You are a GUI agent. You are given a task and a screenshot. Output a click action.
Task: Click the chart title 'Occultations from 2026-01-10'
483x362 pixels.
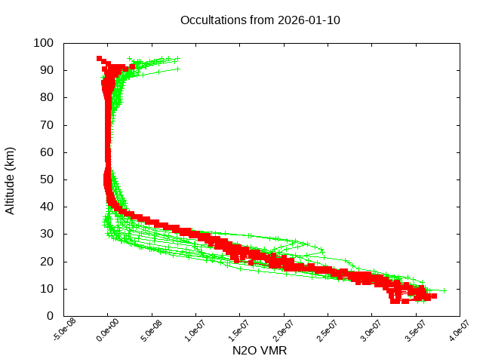click(x=260, y=20)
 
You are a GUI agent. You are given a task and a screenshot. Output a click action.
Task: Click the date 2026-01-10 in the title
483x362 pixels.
click(x=309, y=20)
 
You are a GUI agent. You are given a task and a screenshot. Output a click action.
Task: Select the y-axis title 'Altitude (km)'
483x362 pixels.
click(x=10, y=179)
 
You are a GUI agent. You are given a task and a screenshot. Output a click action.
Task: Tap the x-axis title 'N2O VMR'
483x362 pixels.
click(x=260, y=351)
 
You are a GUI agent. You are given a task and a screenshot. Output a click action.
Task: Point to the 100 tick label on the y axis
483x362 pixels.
click(x=43, y=43)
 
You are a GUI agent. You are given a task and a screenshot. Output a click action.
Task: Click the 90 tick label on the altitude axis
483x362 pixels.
click(x=46, y=70)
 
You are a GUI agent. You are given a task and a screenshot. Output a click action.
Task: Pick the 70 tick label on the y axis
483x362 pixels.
click(x=46, y=125)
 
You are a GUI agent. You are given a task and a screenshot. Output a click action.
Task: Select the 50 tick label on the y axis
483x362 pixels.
click(x=46, y=179)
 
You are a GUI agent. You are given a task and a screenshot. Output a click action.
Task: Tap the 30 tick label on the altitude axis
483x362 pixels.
click(x=46, y=234)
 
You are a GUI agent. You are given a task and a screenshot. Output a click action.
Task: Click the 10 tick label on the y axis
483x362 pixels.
click(x=46, y=289)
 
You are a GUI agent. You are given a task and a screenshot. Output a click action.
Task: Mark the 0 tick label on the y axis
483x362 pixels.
click(x=49, y=316)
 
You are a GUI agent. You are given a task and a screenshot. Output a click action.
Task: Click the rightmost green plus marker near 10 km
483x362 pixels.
click(x=444, y=290)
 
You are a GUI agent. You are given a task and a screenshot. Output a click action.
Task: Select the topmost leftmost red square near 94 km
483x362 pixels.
click(x=100, y=58)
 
